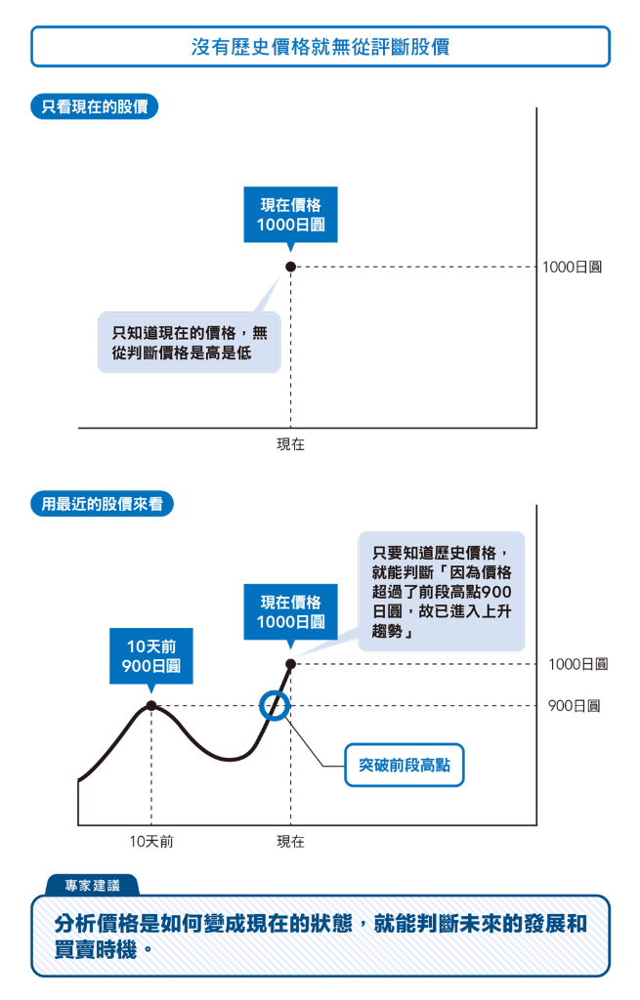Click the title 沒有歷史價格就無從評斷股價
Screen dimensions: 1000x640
click(320, 46)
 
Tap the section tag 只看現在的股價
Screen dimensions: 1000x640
click(94, 106)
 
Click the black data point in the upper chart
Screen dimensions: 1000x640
click(290, 267)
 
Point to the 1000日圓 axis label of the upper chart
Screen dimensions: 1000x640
click(572, 267)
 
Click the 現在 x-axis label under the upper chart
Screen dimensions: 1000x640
click(290, 444)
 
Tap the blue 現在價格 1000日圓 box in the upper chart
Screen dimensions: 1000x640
click(290, 215)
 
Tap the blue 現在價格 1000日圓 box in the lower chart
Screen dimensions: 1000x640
click(290, 612)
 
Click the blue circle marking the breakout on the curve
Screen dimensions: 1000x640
click(275, 705)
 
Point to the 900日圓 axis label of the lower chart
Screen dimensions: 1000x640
click(574, 705)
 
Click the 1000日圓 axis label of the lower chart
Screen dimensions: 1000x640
click(577, 664)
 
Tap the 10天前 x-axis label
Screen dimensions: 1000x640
click(151, 841)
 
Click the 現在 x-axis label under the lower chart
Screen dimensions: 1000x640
click(290, 841)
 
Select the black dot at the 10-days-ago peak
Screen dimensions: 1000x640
click(150, 705)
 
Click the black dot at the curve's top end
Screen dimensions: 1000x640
click(290, 664)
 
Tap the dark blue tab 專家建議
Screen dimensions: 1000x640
click(92, 886)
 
